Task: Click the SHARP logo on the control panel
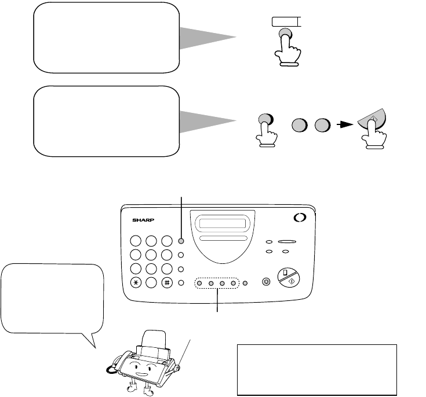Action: (x=143, y=220)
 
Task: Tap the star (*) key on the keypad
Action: (x=136, y=283)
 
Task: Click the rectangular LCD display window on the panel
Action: (x=222, y=223)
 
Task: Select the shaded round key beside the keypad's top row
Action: (x=181, y=241)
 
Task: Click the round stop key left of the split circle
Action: (x=266, y=282)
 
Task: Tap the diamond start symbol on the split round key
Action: (x=292, y=281)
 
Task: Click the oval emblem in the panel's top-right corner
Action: (x=300, y=218)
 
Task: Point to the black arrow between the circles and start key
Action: (x=344, y=125)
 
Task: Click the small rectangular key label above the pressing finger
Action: (x=286, y=22)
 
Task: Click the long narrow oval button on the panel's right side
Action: (x=287, y=241)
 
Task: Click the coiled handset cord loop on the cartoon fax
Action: (x=111, y=369)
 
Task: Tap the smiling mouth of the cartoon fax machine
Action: (x=142, y=374)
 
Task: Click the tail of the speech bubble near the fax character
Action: (x=91, y=340)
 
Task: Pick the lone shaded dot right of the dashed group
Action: (x=245, y=284)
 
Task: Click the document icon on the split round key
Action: (x=285, y=273)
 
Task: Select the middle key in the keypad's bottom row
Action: (x=151, y=283)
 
